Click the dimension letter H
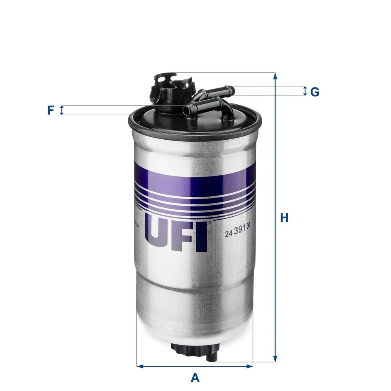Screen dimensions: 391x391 tap(284, 218)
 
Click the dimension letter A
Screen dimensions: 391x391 tap(195, 378)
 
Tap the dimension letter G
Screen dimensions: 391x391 tap(314, 92)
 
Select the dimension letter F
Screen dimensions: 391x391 tap(51, 110)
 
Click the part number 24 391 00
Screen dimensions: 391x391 tap(237, 234)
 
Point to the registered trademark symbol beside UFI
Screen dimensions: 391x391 tap(210, 223)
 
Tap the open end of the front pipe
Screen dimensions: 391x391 tap(187, 110)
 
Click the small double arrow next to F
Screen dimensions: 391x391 tap(62, 110)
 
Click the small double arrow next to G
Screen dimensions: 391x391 tap(305, 91)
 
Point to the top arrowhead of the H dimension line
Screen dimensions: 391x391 tap(276, 76)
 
